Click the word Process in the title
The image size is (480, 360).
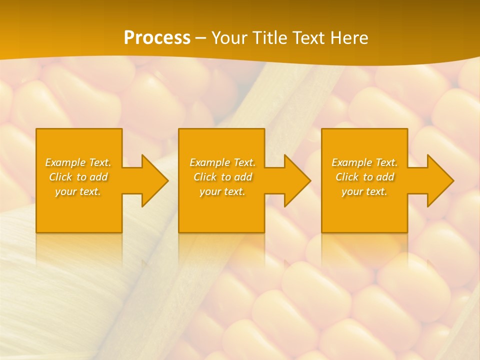tap(157, 38)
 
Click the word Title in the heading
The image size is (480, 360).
tap(268, 38)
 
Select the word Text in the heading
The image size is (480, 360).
tap(308, 38)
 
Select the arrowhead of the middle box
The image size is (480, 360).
tap(298, 180)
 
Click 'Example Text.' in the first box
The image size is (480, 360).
tap(78, 162)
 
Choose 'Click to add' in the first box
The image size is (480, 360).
tap(78, 177)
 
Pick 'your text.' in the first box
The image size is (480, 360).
tap(78, 191)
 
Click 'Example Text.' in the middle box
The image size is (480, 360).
tap(222, 162)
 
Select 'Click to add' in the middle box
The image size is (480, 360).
tap(222, 177)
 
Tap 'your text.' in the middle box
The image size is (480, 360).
tap(222, 191)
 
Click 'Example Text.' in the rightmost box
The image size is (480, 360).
tap(364, 162)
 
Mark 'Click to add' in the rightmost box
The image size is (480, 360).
tap(364, 177)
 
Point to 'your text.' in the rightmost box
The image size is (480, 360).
tap(364, 191)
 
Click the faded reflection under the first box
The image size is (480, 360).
tap(79, 247)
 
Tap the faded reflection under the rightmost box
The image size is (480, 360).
tap(364, 247)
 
